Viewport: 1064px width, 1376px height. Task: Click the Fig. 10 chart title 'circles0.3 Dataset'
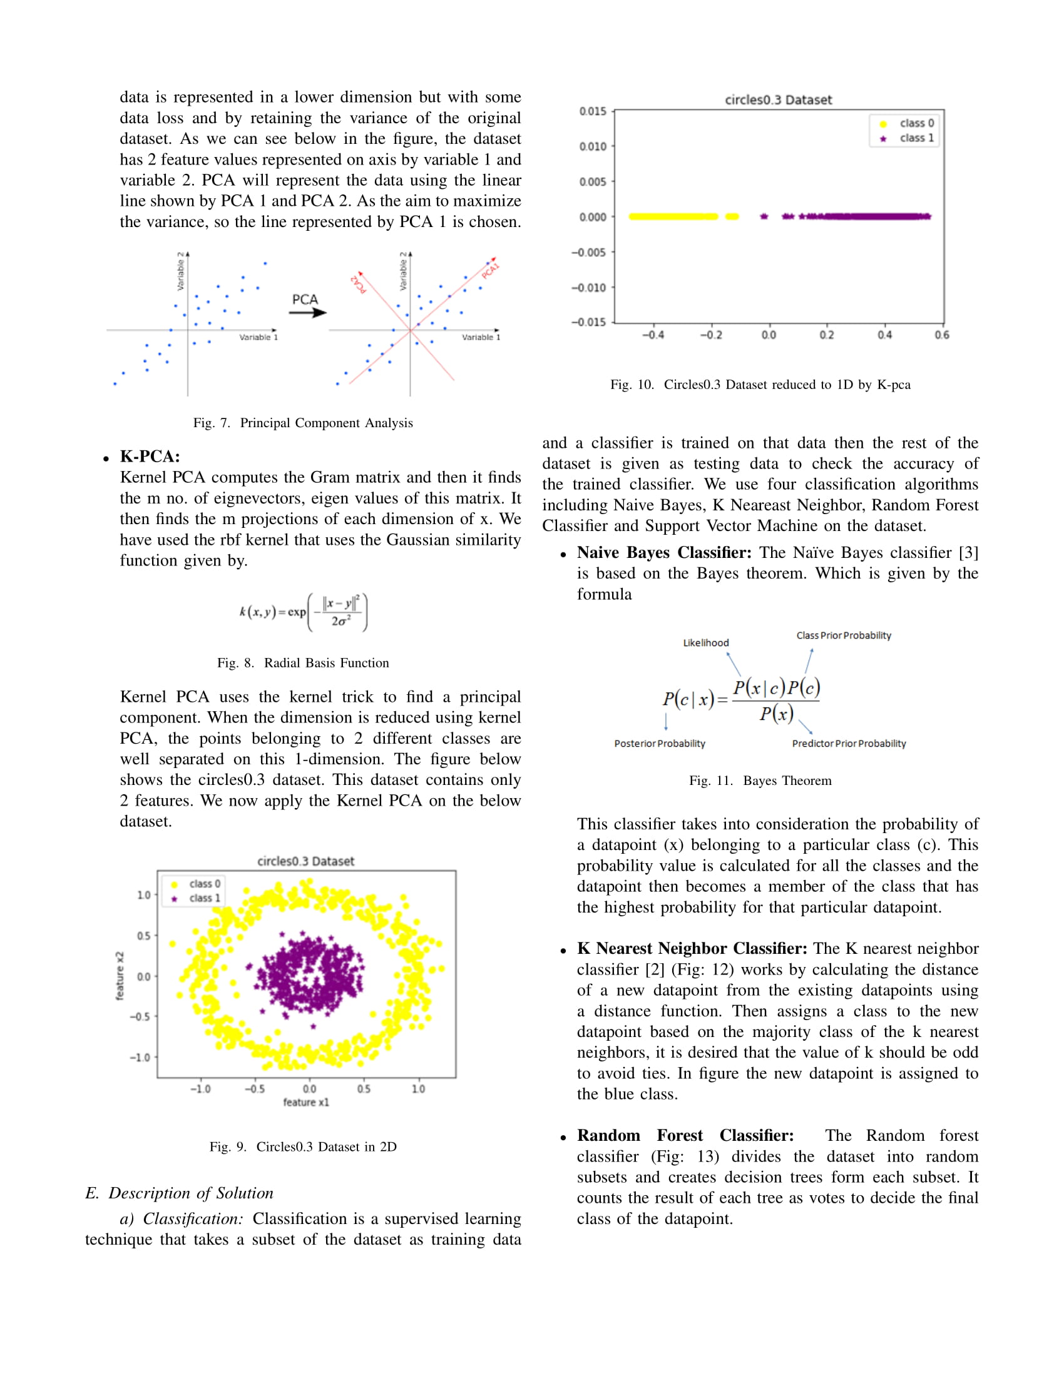click(x=778, y=99)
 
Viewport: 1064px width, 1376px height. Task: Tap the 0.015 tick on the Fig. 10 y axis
click(x=593, y=111)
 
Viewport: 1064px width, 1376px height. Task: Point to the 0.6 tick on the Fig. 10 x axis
click(x=942, y=335)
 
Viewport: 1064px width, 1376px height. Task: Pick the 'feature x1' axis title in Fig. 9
click(x=305, y=1102)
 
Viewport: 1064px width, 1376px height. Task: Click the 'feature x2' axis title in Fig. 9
click(x=120, y=976)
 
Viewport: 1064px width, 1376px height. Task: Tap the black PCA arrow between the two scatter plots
click(x=307, y=313)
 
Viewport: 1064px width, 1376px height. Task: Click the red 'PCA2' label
click(x=358, y=284)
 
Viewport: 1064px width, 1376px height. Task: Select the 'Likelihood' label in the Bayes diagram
click(x=705, y=642)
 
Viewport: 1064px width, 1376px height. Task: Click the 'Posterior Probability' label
click(x=659, y=744)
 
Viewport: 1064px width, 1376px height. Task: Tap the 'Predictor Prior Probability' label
click(x=849, y=744)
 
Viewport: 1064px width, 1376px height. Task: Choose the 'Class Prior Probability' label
click(x=844, y=635)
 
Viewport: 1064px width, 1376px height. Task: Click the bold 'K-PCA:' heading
click(x=150, y=457)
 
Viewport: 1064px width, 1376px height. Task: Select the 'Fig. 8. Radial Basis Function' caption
click(x=302, y=663)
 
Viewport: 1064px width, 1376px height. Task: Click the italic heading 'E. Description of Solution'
click(x=179, y=1193)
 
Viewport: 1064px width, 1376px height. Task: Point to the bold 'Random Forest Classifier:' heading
click(x=685, y=1135)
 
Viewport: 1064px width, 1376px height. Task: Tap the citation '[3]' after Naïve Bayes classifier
click(x=968, y=552)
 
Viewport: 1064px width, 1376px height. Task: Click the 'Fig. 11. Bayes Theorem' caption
click(x=760, y=781)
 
